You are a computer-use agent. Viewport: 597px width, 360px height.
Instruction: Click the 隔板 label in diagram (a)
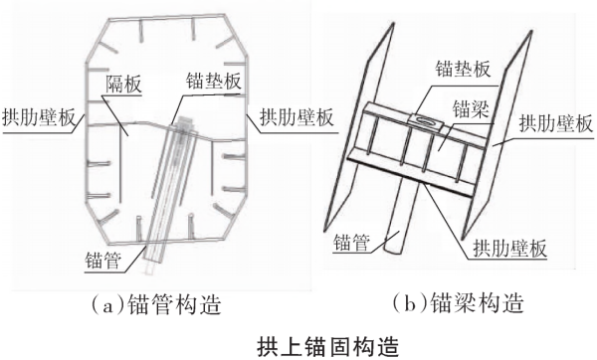point(123,85)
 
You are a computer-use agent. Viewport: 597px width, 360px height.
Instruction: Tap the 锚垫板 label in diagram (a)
point(213,82)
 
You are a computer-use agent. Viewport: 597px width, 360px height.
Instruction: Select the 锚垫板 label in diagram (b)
point(463,69)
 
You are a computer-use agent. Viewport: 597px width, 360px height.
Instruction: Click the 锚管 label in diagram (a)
point(103,261)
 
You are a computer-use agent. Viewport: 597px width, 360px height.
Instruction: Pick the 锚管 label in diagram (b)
point(351,243)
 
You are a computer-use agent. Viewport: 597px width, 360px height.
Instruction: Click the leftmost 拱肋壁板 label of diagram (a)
point(39,117)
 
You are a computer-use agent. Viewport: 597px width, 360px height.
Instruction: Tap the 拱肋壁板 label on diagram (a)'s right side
point(297,117)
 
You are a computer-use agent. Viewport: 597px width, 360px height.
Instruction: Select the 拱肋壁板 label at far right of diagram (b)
point(556,123)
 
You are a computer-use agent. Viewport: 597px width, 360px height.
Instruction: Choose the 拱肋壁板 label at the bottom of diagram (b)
point(509,248)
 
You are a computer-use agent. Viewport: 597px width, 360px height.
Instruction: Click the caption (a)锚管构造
point(156,304)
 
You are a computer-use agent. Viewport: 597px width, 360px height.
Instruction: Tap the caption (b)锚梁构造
point(458,302)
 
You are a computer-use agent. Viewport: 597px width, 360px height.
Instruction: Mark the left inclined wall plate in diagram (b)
point(358,126)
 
